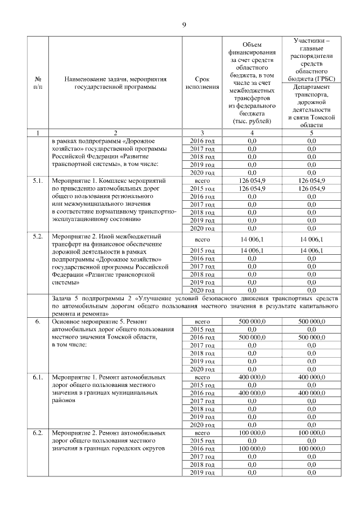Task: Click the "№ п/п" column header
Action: click(37, 83)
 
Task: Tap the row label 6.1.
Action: click(37, 376)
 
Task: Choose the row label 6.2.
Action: click(37, 434)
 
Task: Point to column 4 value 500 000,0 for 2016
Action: click(251, 337)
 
